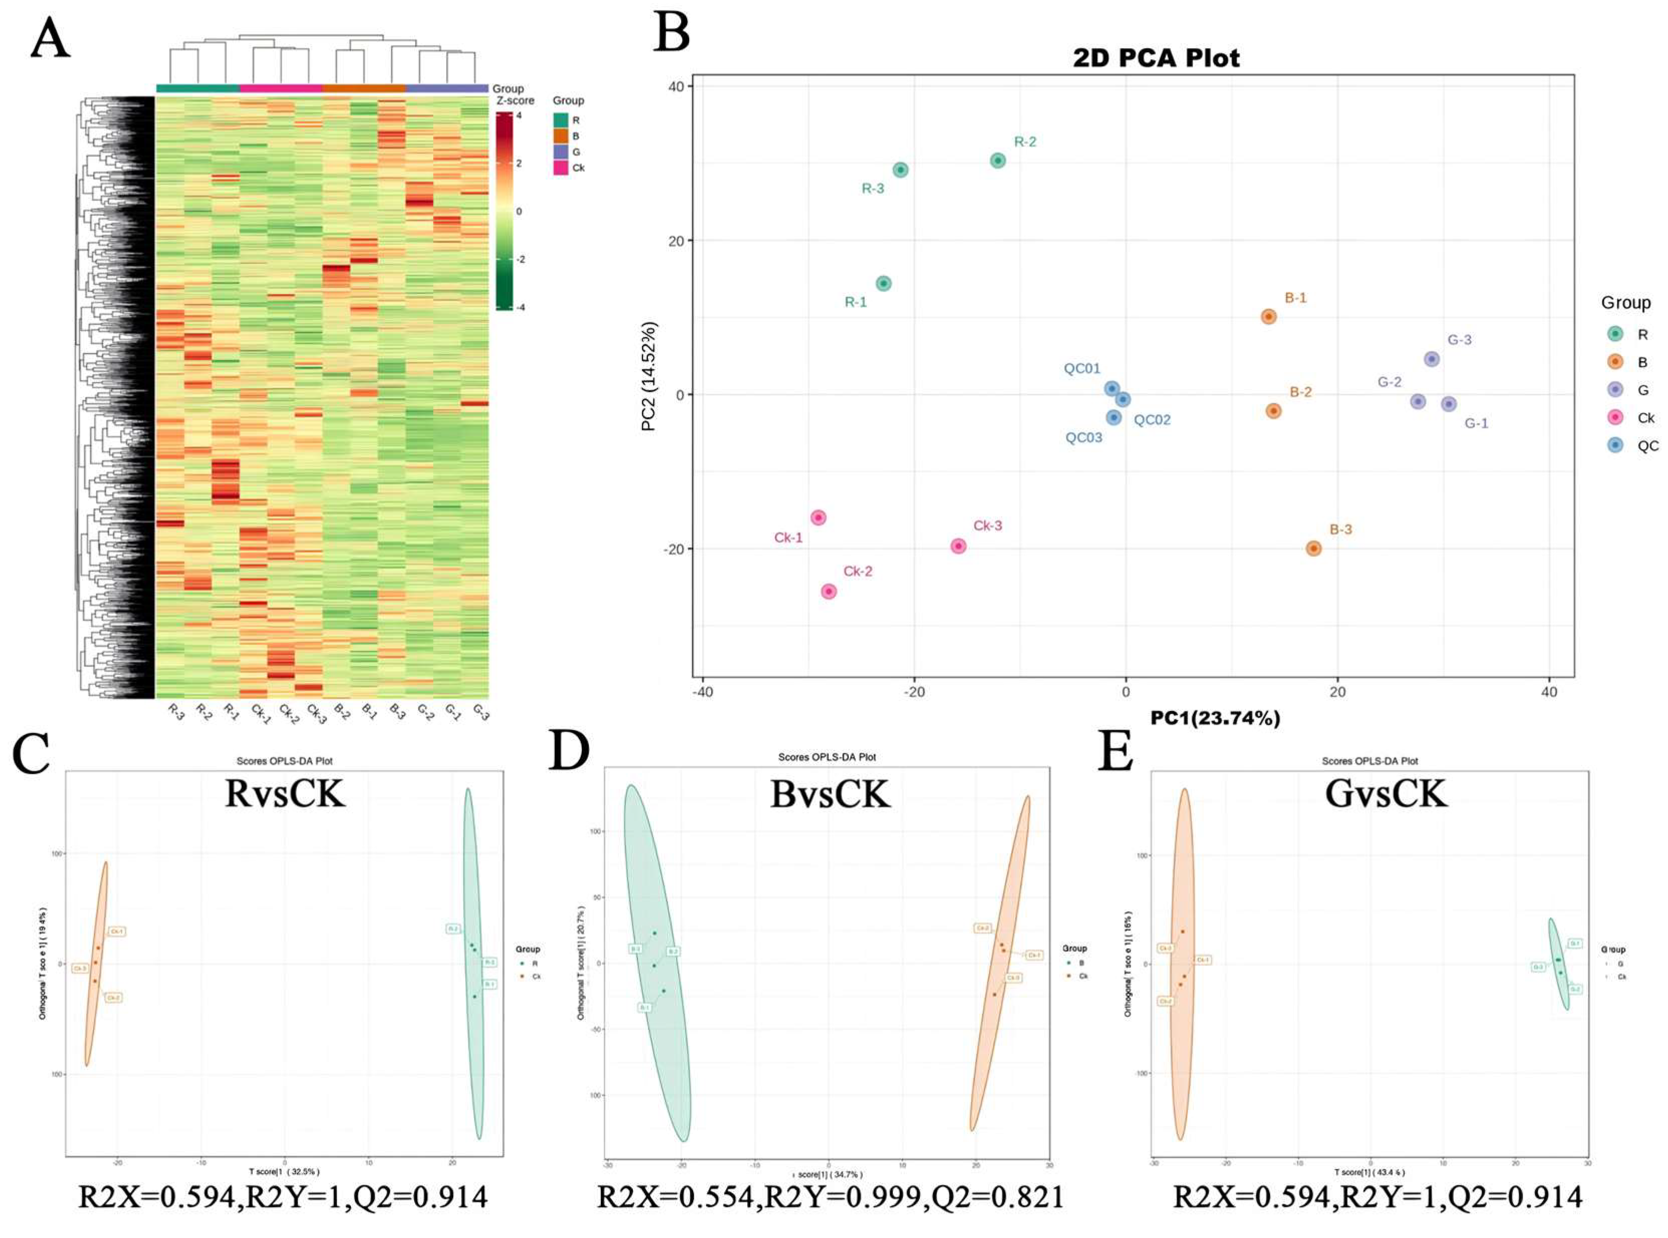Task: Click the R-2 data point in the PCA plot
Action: click(997, 160)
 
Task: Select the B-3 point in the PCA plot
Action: click(1313, 548)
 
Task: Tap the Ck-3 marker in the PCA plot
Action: click(958, 546)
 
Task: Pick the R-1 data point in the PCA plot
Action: click(884, 283)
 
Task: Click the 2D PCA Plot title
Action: click(1156, 58)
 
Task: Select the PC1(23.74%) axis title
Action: click(1215, 718)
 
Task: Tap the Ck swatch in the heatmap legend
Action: click(561, 168)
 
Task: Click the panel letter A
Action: click(50, 39)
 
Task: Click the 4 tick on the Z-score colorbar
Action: click(519, 115)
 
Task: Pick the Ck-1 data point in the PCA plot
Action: click(818, 518)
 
